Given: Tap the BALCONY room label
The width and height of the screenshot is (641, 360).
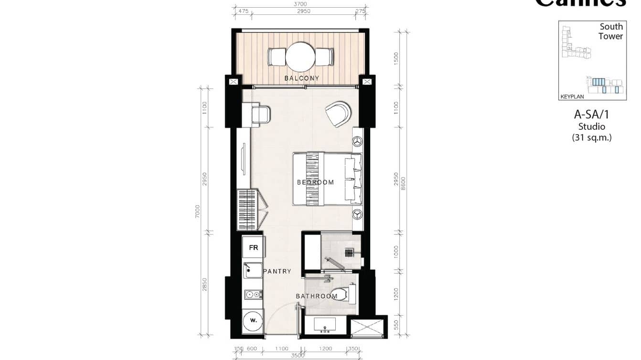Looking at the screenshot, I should click(x=301, y=78).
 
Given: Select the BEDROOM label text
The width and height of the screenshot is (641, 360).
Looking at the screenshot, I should click(x=315, y=182).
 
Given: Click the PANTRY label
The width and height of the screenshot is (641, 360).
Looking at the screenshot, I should click(x=277, y=271).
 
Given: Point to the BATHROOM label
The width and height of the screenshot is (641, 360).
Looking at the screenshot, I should click(x=316, y=296).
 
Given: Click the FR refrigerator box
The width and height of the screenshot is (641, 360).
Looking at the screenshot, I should click(x=253, y=248).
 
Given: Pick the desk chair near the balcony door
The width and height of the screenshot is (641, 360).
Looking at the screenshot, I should click(x=261, y=115).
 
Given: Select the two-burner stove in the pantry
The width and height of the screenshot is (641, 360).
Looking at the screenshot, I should click(x=252, y=295).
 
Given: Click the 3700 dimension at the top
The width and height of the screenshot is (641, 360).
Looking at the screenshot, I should click(x=300, y=4).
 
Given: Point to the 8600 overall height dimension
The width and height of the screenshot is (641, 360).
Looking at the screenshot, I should click(x=404, y=182).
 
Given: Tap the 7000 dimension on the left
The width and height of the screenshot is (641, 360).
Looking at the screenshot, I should click(x=197, y=211).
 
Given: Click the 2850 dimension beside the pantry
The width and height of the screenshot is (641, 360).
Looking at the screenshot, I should click(x=205, y=284).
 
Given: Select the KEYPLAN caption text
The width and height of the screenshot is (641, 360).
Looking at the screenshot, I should click(x=572, y=96).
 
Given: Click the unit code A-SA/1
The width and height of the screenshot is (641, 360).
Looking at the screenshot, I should click(x=591, y=115).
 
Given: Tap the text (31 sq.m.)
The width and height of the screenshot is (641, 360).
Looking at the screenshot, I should click(x=591, y=138).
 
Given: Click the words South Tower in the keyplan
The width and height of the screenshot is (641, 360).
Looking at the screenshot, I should click(x=611, y=32).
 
